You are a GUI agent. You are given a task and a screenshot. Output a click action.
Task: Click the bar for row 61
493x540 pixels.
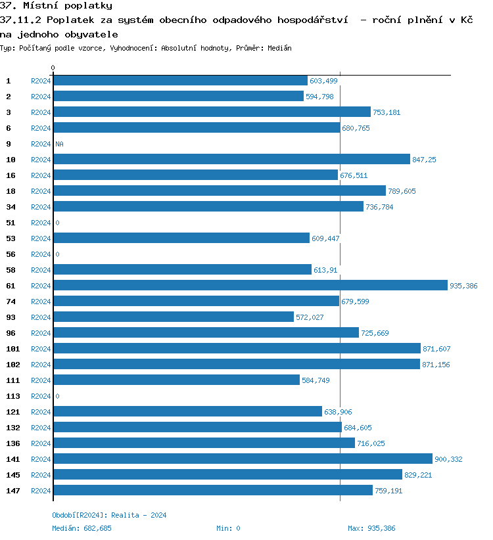[250, 285]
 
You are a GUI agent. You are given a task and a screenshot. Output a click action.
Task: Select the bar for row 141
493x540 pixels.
[243, 459]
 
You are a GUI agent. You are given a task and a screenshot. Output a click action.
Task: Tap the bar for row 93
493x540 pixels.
[174, 317]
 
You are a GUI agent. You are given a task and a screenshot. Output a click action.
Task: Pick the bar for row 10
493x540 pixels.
[231, 159]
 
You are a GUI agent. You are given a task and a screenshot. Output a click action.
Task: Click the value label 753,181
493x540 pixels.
[387, 112]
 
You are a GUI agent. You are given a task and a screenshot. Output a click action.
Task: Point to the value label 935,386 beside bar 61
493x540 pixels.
[463, 286]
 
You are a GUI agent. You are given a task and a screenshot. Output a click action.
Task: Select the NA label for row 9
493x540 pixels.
[59, 144]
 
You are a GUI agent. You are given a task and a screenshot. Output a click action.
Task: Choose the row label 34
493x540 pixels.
[11, 207]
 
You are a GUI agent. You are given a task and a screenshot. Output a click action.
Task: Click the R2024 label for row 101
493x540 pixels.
[41, 349]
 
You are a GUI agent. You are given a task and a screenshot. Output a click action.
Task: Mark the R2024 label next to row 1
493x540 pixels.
[41, 81]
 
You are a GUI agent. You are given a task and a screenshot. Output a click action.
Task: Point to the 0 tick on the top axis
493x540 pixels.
[53, 68]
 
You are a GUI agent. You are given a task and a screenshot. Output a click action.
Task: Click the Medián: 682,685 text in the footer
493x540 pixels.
[82, 528]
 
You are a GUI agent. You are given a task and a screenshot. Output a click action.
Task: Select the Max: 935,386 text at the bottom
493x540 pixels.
[371, 528]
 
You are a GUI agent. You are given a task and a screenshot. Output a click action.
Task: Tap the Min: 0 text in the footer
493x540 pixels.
[228, 528]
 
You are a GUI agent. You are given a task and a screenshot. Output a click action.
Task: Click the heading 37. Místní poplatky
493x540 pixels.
[56, 6]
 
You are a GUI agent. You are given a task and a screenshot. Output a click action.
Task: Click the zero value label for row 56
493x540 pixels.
[57, 254]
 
